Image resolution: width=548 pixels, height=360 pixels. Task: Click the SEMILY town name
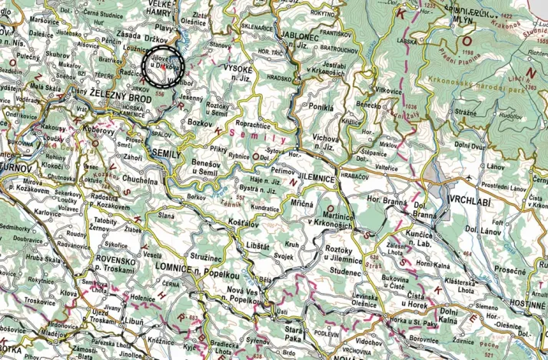click(167, 155)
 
